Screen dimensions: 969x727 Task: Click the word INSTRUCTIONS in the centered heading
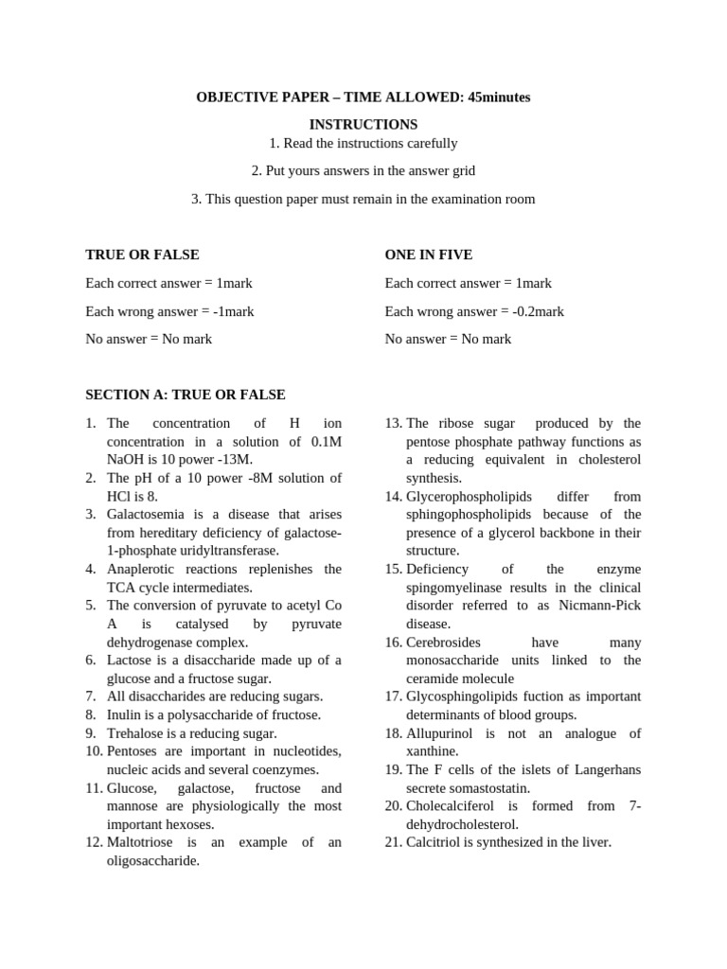[x=363, y=125]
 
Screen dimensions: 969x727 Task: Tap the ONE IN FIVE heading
[x=428, y=255]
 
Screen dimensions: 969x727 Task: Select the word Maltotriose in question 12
[x=141, y=843]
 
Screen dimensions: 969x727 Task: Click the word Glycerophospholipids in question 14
[x=469, y=497]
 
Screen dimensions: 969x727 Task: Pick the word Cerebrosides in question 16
[x=444, y=643]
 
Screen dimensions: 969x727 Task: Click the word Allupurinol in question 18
[x=440, y=733]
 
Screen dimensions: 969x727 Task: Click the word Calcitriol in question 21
[x=434, y=842]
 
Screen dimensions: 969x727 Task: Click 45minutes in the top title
[x=499, y=97]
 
